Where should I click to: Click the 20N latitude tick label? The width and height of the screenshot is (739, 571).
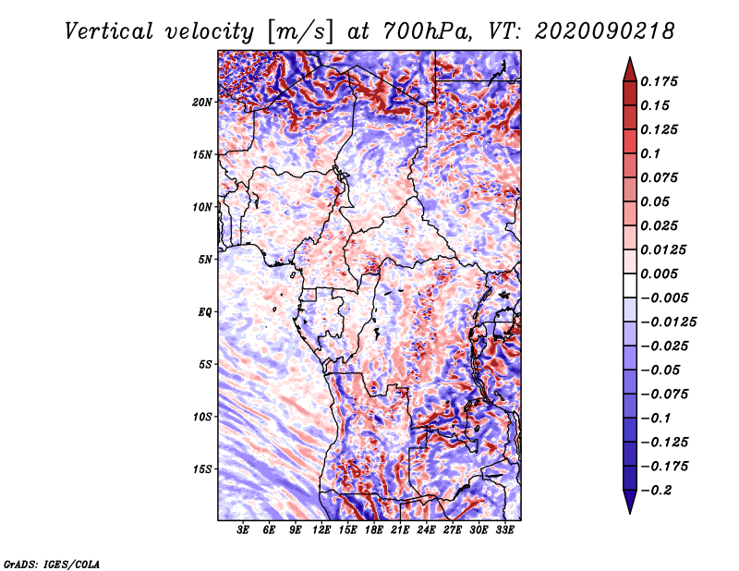point(202,103)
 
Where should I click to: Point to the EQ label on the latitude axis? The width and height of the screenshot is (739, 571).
point(204,312)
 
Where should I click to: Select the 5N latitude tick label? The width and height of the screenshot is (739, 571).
point(205,260)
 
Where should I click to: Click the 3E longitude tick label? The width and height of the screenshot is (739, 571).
point(243,530)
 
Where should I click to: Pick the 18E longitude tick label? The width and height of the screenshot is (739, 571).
point(373,530)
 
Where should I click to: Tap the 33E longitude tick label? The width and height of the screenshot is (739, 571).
point(504,530)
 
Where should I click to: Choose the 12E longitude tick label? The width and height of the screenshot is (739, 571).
point(321,530)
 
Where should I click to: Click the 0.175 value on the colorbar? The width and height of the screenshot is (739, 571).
point(659,81)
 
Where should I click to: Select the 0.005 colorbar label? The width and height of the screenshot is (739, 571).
point(659,273)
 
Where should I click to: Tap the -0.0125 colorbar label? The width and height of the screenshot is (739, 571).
point(668,322)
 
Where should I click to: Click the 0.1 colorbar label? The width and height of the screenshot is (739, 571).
point(650,153)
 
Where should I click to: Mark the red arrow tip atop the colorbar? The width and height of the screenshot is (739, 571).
point(630,57)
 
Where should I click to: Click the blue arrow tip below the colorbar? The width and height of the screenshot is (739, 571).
point(630,513)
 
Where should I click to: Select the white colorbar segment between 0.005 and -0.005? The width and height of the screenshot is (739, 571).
point(630,285)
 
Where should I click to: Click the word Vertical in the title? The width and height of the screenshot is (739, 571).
point(109,31)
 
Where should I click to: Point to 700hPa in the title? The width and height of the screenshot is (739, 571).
point(428,31)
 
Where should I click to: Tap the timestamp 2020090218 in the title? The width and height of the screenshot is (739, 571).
point(605,31)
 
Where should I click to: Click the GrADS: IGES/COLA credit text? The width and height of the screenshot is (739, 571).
point(52,564)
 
